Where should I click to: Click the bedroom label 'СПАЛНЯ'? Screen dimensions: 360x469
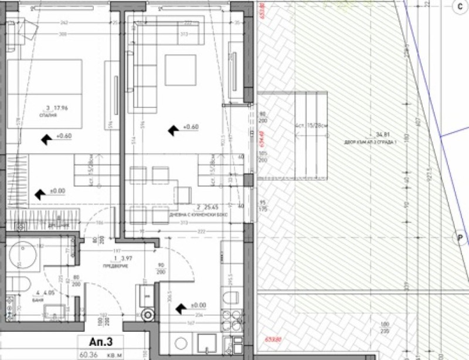48,116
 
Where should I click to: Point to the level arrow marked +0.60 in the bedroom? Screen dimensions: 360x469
46,138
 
